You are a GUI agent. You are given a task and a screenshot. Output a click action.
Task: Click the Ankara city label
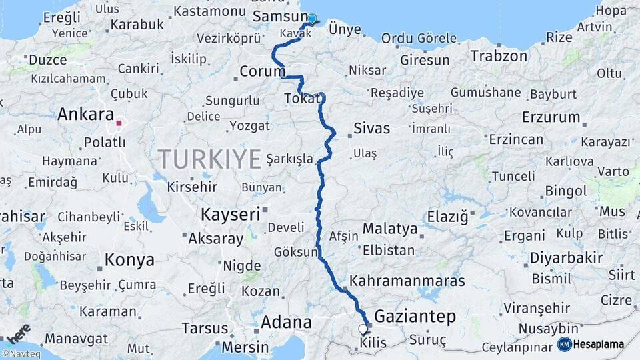(x=86, y=114)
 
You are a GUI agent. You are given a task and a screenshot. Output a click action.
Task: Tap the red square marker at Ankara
(x=119, y=123)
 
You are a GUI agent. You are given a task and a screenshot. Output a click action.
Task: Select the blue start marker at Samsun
(x=311, y=19)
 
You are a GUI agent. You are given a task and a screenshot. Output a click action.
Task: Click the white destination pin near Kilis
(x=363, y=329)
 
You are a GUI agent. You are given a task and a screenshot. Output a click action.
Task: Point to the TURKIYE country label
(x=209, y=159)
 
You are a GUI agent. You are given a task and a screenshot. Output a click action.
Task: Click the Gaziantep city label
(x=415, y=316)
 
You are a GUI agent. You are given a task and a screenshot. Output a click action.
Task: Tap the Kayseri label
(x=230, y=215)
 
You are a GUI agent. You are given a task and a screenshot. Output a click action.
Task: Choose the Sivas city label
(x=371, y=128)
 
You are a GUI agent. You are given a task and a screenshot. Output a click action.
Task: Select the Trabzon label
(x=499, y=56)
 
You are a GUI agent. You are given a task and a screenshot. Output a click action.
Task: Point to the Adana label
(x=286, y=322)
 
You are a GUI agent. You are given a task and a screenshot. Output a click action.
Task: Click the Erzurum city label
(x=551, y=117)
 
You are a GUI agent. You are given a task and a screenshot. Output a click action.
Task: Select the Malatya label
(x=390, y=229)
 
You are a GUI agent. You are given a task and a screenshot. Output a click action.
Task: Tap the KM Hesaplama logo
(x=591, y=344)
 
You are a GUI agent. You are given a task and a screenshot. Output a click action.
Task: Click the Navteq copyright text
(x=21, y=354)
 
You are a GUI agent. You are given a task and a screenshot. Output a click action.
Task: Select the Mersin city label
(x=245, y=347)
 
